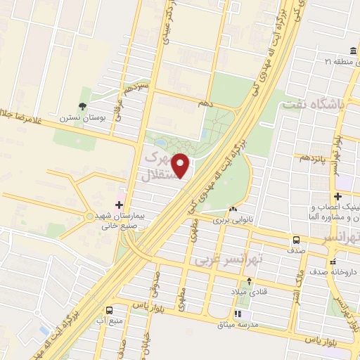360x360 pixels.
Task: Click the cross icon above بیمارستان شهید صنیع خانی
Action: click(128, 205)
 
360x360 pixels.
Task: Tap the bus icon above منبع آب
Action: click(109, 310)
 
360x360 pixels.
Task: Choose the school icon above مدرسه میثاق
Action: click(238, 314)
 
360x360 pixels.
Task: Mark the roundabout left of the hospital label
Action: click(89, 215)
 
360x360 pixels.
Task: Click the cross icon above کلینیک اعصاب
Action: click(340, 196)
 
